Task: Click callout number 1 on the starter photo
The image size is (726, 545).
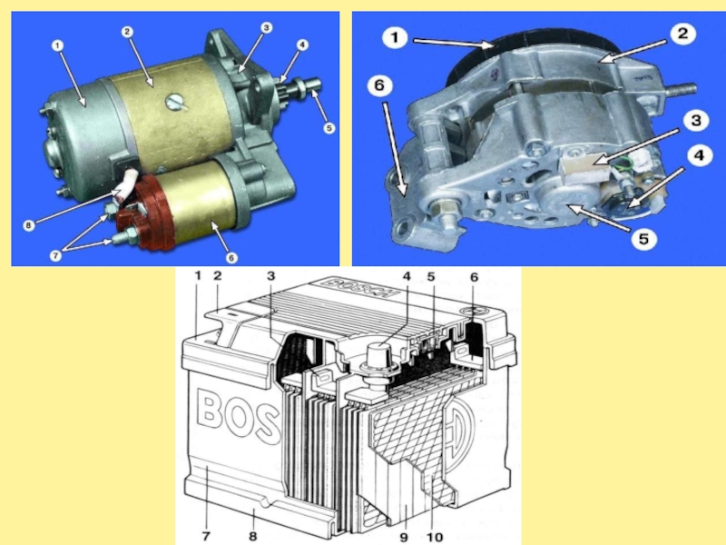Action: pyautogui.click(x=57, y=45)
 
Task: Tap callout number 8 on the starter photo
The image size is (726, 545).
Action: pyautogui.click(x=29, y=225)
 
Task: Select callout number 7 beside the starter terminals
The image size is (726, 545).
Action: pyautogui.click(x=55, y=255)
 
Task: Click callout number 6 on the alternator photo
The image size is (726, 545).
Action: pyautogui.click(x=379, y=85)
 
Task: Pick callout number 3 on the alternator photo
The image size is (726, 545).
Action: pyautogui.click(x=696, y=121)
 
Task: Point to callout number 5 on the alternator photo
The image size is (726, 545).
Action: pyautogui.click(x=644, y=239)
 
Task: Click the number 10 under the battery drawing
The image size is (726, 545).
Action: pyautogui.click(x=435, y=536)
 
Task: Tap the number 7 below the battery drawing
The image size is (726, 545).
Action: pyautogui.click(x=206, y=536)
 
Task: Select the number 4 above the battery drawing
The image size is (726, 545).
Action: pyautogui.click(x=407, y=276)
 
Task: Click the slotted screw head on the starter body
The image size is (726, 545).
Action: pyautogui.click(x=174, y=103)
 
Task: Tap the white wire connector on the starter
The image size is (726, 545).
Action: pyautogui.click(x=126, y=186)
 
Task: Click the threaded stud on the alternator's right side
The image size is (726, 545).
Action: pyautogui.click(x=680, y=88)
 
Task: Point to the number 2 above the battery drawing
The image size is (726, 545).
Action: pyautogui.click(x=217, y=276)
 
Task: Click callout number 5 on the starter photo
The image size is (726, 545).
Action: pyautogui.click(x=329, y=128)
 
